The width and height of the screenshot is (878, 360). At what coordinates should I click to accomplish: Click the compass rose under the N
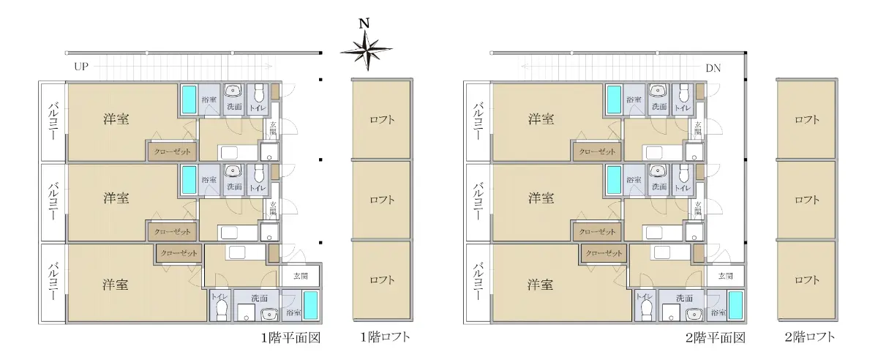tap(366, 50)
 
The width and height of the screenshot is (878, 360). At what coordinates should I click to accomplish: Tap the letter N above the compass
tap(364, 23)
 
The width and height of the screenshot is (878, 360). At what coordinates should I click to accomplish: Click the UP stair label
tap(81, 67)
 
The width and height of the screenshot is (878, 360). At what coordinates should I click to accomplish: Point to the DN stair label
tap(713, 68)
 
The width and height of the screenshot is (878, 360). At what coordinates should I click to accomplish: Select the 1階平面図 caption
tap(291, 337)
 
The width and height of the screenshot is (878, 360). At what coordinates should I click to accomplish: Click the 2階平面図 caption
tap(716, 337)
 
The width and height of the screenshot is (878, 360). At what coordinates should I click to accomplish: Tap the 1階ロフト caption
tap(385, 337)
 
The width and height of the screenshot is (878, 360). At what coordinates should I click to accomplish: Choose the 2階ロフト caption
tap(810, 337)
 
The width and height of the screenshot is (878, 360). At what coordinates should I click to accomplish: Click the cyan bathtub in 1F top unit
tap(189, 100)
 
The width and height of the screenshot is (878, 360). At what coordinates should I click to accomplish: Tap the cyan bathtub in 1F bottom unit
tap(311, 305)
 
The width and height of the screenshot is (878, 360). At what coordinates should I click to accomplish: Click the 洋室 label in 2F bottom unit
tap(540, 285)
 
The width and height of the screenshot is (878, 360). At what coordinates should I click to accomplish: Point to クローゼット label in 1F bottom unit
tap(179, 253)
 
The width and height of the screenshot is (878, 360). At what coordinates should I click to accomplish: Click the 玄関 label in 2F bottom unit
tap(726, 276)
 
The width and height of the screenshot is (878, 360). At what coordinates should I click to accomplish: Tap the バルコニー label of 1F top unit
tap(53, 121)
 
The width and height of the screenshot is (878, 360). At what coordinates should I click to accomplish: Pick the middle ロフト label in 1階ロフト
tap(382, 200)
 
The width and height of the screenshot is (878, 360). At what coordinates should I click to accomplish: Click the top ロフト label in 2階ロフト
tap(806, 119)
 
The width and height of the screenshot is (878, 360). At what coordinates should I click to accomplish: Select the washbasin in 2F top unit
tap(658, 91)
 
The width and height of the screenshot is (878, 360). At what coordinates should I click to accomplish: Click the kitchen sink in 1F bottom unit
tap(237, 252)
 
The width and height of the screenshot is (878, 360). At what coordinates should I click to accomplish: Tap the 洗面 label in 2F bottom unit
tap(684, 298)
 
